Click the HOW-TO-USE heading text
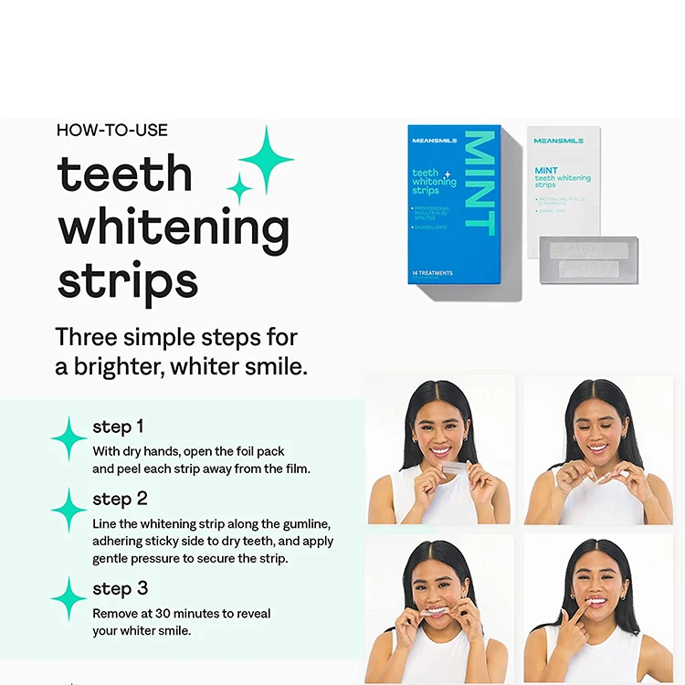(112, 131)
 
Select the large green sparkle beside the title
(266, 159)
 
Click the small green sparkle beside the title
(239, 189)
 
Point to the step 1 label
(118, 427)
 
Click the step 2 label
(120, 499)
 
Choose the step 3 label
(120, 588)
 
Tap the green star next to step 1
(69, 439)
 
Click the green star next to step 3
(69, 600)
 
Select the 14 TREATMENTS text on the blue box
(432, 273)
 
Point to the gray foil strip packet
(587, 259)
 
